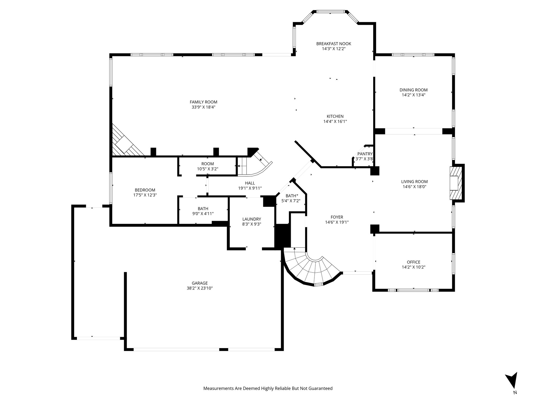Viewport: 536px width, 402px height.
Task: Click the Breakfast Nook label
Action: (333, 44)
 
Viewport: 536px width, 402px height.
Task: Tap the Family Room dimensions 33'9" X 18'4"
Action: (203, 107)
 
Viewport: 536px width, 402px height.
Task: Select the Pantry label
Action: (365, 154)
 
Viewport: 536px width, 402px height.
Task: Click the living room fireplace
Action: (456, 183)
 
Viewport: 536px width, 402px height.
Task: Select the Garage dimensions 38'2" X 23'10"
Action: (200, 288)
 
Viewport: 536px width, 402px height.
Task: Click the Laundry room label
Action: (252, 219)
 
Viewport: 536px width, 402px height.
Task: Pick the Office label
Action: (414, 262)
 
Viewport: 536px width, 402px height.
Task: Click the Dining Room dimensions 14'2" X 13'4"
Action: (414, 95)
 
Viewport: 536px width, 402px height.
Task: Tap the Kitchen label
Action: (335, 116)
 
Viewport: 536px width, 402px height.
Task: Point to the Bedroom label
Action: (145, 190)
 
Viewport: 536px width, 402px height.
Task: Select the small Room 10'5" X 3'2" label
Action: (208, 164)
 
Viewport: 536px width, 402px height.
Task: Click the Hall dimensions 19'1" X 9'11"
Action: (250, 188)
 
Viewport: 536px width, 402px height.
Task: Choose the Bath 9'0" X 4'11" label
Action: (203, 209)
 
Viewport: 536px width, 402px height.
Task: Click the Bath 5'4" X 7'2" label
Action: (291, 196)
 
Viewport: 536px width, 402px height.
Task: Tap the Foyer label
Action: (337, 217)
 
